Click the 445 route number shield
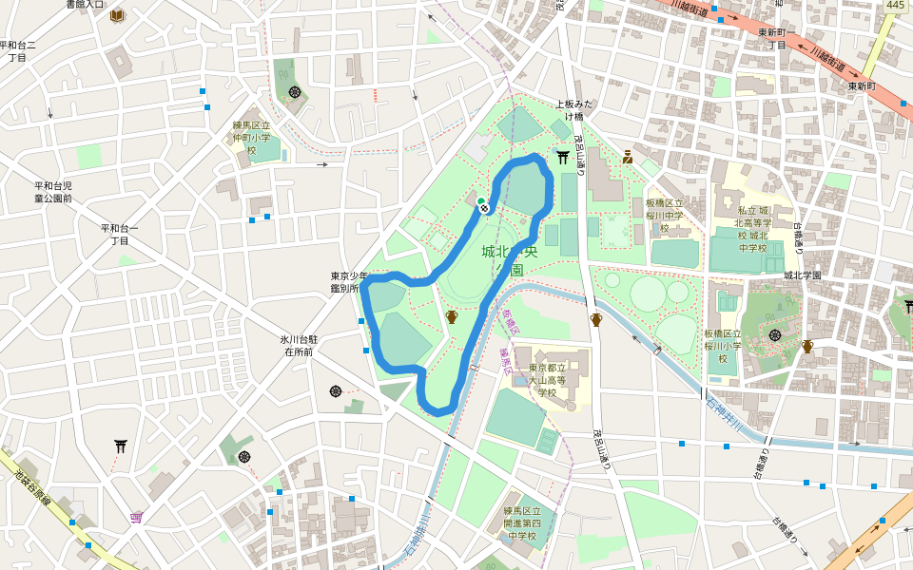point(895,6)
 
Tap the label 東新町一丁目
point(777,38)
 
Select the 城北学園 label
point(802,275)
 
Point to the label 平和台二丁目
point(17,50)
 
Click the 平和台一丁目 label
point(119,234)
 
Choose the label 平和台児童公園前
point(53,192)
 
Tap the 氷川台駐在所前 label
point(298,345)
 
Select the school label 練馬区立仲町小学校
point(252,138)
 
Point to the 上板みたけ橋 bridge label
point(574,110)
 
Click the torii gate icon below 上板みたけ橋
point(563,157)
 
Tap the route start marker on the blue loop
point(482,203)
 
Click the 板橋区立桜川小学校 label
point(722,346)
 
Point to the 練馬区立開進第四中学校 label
point(523,523)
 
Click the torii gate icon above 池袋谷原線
point(121,445)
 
